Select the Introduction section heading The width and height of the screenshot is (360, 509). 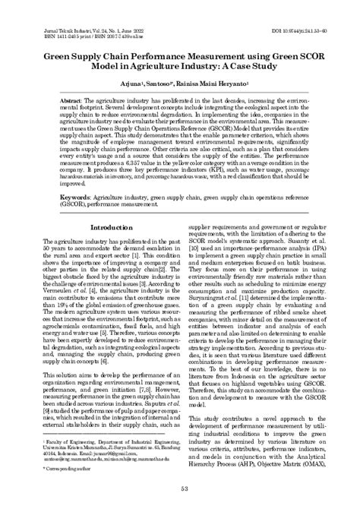point(112,227)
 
